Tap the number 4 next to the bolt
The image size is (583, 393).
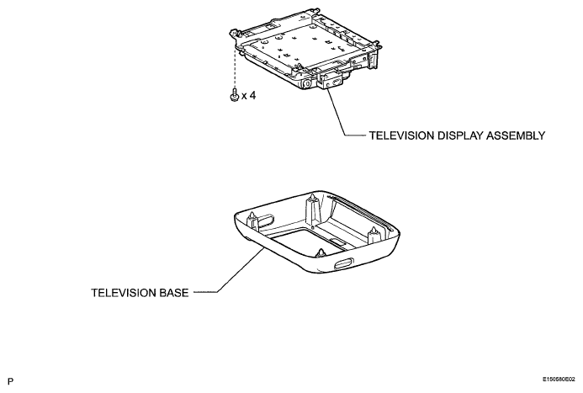(x=252, y=96)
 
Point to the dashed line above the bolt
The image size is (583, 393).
(x=235, y=67)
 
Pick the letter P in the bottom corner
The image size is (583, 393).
(x=10, y=381)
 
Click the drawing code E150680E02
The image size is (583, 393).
(x=559, y=380)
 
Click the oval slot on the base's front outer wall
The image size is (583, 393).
(x=342, y=264)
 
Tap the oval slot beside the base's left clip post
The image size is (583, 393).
(x=265, y=220)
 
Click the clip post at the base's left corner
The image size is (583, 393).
(x=252, y=220)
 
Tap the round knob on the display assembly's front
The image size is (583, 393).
(x=308, y=84)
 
